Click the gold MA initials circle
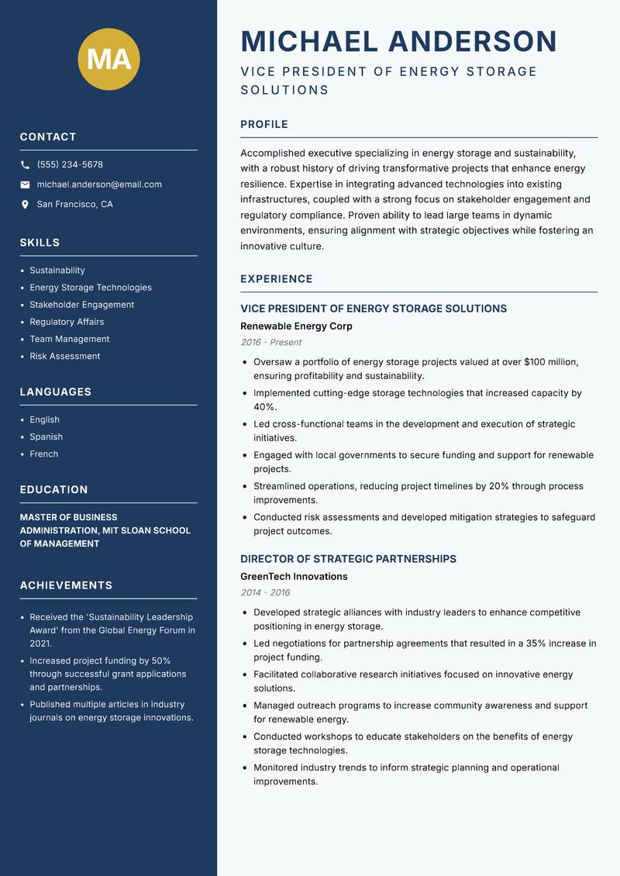109,59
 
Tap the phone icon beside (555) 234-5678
26,165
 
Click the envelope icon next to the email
26,185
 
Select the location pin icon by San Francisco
26,205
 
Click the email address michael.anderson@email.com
99,185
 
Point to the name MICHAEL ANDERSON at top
399,41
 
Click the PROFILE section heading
264,124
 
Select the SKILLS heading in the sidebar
40,243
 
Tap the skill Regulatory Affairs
67,322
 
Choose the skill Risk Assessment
65,356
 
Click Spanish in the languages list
46,436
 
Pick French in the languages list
44,454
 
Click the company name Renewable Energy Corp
296,326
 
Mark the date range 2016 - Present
270,342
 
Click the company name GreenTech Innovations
294,577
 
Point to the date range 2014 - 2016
265,592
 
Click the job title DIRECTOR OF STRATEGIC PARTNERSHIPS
348,559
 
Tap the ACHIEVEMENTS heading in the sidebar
66,585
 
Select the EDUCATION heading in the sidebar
53,490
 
